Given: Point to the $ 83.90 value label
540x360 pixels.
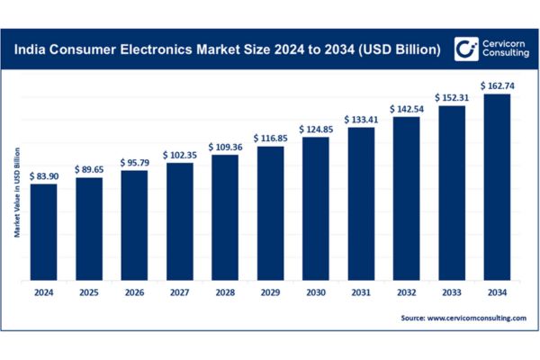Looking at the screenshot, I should (43, 176).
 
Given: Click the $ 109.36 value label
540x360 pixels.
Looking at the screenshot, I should (224, 147).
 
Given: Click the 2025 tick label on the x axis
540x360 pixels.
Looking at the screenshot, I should (88, 292).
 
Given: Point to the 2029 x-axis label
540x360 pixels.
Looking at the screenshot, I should (270, 292).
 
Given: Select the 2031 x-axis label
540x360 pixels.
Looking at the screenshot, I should (361, 292).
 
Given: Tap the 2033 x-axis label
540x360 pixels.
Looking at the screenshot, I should (452, 292).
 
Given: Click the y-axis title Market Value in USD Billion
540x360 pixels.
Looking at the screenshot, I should (17, 193).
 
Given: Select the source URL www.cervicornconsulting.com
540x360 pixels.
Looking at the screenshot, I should (465, 319).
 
